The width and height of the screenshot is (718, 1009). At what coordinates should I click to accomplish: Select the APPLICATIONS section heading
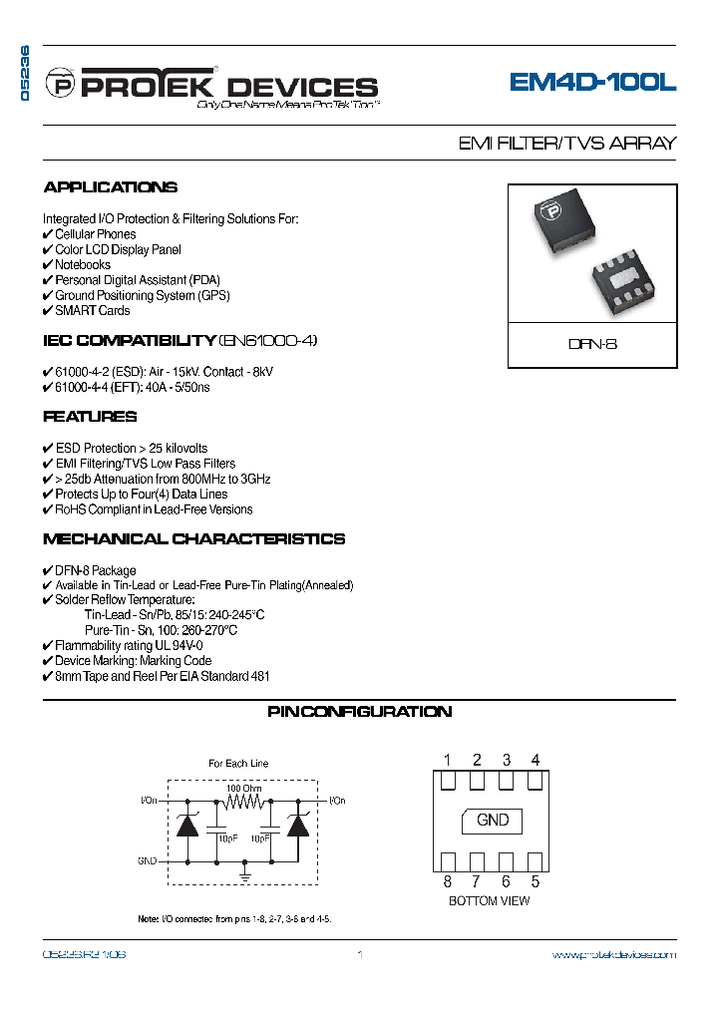111,187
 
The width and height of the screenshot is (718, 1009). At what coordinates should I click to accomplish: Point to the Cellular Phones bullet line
90,234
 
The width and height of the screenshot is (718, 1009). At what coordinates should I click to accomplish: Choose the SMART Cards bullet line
87,310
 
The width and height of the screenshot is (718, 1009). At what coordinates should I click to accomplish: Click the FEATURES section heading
90,417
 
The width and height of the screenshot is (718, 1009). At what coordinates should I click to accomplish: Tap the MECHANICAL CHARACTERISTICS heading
194,539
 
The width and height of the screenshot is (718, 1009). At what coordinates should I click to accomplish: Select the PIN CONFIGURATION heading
359,712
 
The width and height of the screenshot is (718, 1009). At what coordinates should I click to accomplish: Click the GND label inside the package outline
493,820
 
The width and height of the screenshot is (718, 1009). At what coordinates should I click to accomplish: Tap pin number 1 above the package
448,760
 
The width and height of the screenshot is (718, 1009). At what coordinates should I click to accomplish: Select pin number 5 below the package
536,881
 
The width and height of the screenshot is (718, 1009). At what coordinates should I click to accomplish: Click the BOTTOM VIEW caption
489,901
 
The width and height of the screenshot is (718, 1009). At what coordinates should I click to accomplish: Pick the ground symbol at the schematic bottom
245,875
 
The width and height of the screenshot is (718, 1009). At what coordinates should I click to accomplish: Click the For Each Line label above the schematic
238,763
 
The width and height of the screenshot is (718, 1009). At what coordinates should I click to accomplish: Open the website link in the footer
613,955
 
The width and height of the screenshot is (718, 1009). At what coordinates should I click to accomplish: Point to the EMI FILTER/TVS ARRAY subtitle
566,143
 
